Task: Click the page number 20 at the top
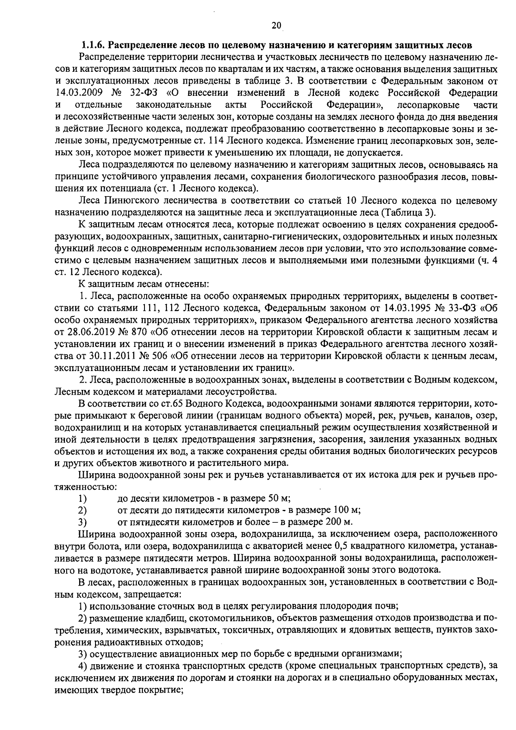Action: [x=276, y=26]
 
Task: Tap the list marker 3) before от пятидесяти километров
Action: [x=83, y=522]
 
